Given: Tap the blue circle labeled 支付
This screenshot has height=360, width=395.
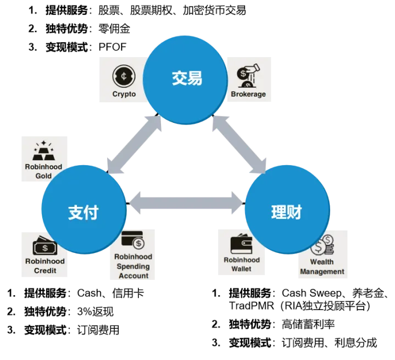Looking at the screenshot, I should (83, 211).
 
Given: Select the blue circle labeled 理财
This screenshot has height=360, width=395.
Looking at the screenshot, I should (287, 212).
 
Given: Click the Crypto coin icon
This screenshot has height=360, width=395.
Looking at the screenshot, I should (124, 76).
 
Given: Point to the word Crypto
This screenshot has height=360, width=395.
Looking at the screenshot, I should (124, 94).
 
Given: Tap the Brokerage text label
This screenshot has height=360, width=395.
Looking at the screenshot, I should (248, 94).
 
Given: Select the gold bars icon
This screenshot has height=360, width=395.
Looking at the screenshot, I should (43, 150).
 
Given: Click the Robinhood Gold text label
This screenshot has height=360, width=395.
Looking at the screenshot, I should (43, 171).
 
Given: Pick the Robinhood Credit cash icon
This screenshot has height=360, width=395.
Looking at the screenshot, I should (44, 245).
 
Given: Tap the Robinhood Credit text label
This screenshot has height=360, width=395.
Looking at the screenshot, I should (44, 266).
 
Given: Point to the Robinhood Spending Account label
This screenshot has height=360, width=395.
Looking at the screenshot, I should (133, 266).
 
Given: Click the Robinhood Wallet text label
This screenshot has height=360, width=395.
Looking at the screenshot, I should (241, 265).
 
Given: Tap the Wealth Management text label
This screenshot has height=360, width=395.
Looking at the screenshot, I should (322, 267).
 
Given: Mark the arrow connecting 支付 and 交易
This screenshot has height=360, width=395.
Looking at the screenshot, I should (135, 145).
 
